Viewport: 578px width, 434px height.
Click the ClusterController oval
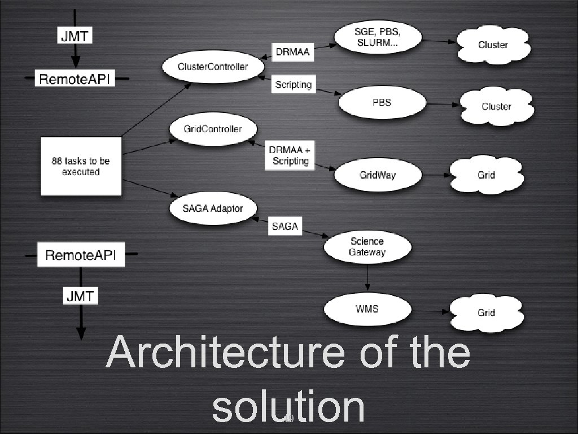tap(213, 67)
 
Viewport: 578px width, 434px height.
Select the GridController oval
tap(213, 129)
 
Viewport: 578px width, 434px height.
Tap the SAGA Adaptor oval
tap(213, 209)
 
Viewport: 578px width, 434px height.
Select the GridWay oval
tap(378, 175)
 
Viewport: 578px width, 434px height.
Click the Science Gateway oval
tap(367, 247)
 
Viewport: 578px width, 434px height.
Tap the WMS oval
tap(366, 309)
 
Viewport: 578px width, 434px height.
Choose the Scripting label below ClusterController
tap(293, 85)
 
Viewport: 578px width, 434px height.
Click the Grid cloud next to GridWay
tap(486, 175)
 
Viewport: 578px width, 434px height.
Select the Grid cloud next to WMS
tap(486, 312)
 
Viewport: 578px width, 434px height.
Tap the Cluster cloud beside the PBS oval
tap(496, 106)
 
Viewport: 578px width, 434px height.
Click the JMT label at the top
tap(76, 37)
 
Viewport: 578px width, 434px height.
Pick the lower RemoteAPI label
tap(80, 255)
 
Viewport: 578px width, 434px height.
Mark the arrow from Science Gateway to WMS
tap(367, 277)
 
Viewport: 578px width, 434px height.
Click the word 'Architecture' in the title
tap(225, 353)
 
